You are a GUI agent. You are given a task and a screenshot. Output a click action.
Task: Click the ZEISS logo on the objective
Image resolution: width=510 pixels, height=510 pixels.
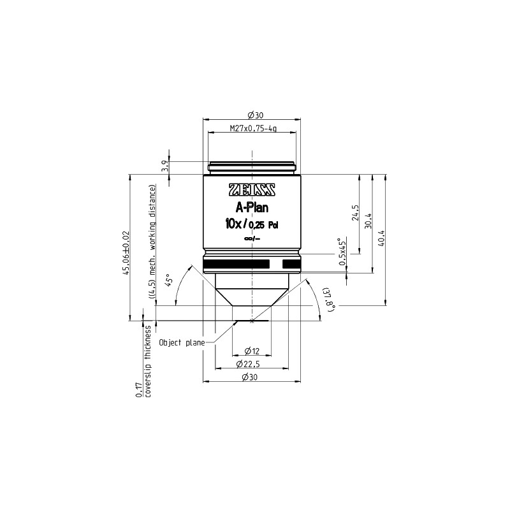click(x=252, y=190)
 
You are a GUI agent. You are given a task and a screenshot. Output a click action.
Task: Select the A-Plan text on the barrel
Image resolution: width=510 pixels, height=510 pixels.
click(x=252, y=208)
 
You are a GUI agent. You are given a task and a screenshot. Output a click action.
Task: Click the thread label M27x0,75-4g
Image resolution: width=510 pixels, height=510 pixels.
click(x=253, y=129)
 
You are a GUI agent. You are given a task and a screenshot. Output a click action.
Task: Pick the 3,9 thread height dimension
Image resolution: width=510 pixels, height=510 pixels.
click(x=166, y=166)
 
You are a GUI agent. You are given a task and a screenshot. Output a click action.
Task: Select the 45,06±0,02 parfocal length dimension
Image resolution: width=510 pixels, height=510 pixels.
click(x=126, y=253)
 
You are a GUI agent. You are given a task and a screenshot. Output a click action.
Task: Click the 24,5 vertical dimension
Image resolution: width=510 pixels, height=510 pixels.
click(x=355, y=213)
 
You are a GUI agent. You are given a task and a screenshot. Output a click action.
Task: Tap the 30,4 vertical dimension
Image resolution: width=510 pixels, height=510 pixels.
click(x=368, y=221)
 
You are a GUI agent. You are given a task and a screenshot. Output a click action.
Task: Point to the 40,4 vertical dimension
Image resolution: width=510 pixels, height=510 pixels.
click(x=381, y=238)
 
